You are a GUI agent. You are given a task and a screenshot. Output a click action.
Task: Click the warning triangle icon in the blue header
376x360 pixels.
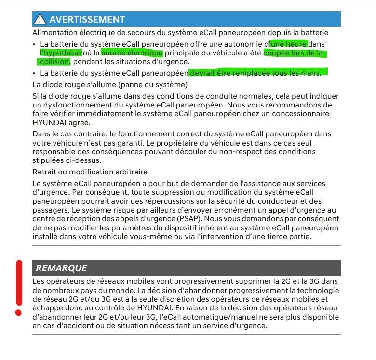point(40,19)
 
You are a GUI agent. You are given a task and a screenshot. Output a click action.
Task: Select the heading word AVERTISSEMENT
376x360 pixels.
point(87,19)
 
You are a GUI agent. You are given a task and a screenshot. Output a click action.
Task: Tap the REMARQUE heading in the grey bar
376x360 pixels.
point(61,268)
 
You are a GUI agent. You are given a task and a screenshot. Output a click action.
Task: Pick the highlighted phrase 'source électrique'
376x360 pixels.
point(133,53)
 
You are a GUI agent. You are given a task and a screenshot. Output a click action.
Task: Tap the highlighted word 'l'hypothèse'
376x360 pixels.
point(61,53)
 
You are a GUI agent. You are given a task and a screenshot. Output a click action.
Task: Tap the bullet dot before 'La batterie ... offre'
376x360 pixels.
point(34,44)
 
